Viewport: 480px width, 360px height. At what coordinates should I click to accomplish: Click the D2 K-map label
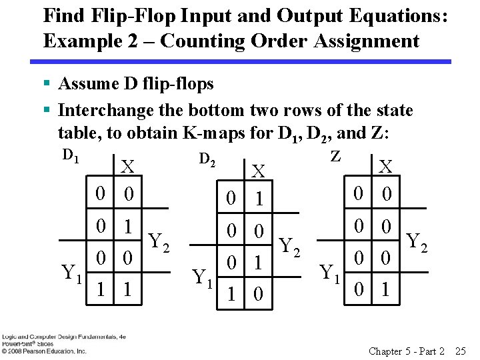(x=208, y=159)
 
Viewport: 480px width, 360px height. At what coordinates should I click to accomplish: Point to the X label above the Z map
(x=385, y=166)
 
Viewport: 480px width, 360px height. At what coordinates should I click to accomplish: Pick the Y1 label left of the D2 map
(x=203, y=275)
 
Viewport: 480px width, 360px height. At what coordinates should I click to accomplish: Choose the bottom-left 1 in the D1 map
(x=100, y=293)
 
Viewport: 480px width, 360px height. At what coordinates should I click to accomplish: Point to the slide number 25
(x=459, y=351)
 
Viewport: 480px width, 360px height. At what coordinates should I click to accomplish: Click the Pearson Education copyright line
(x=44, y=351)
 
